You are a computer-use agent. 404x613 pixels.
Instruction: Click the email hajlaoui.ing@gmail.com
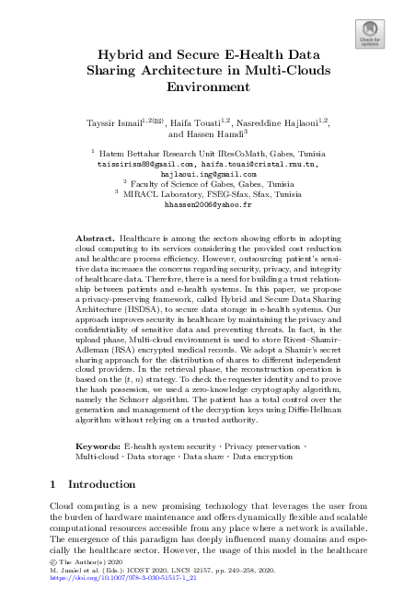208,174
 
